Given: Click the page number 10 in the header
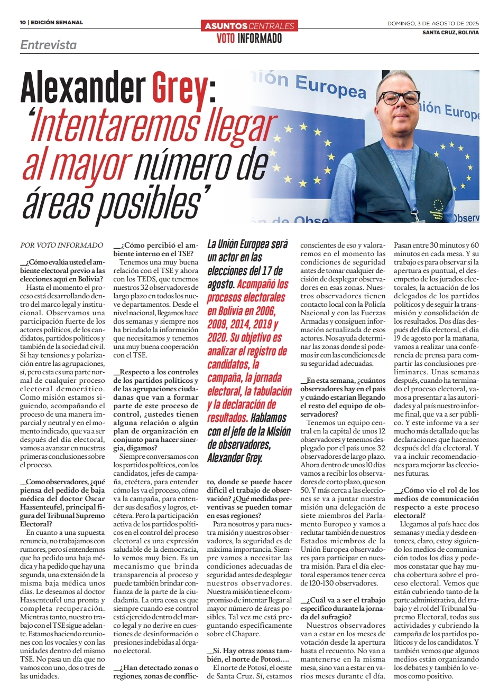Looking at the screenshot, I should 23,23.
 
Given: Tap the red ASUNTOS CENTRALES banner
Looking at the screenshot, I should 249,25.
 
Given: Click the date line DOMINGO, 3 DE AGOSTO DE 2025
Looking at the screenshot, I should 433,23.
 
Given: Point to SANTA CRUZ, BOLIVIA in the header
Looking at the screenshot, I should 450,32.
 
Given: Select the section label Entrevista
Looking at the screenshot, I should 49,45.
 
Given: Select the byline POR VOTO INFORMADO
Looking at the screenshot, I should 62,245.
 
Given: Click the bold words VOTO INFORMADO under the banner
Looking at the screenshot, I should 249,39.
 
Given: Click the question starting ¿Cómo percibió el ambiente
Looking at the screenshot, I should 156,249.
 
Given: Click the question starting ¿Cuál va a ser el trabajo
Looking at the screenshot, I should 343,608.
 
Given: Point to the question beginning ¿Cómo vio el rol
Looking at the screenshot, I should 436,503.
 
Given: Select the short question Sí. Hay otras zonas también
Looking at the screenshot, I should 249,655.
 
